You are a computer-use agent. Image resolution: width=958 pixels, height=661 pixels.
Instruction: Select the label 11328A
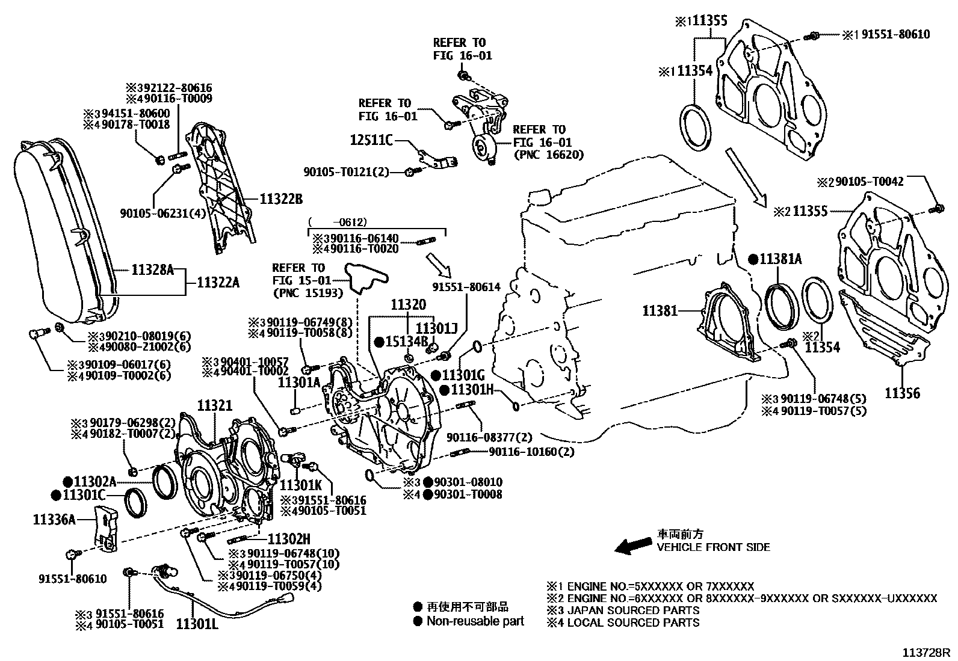click(x=152, y=271)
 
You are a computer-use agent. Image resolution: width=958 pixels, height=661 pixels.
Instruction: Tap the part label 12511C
click(x=371, y=141)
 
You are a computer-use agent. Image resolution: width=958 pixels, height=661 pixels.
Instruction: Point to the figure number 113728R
click(x=925, y=652)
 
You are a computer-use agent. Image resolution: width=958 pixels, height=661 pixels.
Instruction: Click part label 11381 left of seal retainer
click(x=660, y=311)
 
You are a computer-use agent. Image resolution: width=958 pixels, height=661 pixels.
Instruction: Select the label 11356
click(x=902, y=394)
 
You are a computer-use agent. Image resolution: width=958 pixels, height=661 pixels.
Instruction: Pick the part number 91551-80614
click(x=466, y=287)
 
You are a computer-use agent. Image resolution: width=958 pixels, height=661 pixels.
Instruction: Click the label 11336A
click(x=54, y=519)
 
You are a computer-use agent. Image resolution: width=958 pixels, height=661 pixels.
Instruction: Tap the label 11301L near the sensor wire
click(x=197, y=624)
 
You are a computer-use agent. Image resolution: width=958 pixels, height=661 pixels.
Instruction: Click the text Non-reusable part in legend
click(x=475, y=621)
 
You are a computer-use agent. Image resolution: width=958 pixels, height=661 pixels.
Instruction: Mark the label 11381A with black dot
click(x=780, y=259)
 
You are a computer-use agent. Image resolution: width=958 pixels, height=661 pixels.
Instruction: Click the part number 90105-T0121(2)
click(x=346, y=173)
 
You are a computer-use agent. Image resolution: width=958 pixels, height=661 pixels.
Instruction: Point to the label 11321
click(x=215, y=407)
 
